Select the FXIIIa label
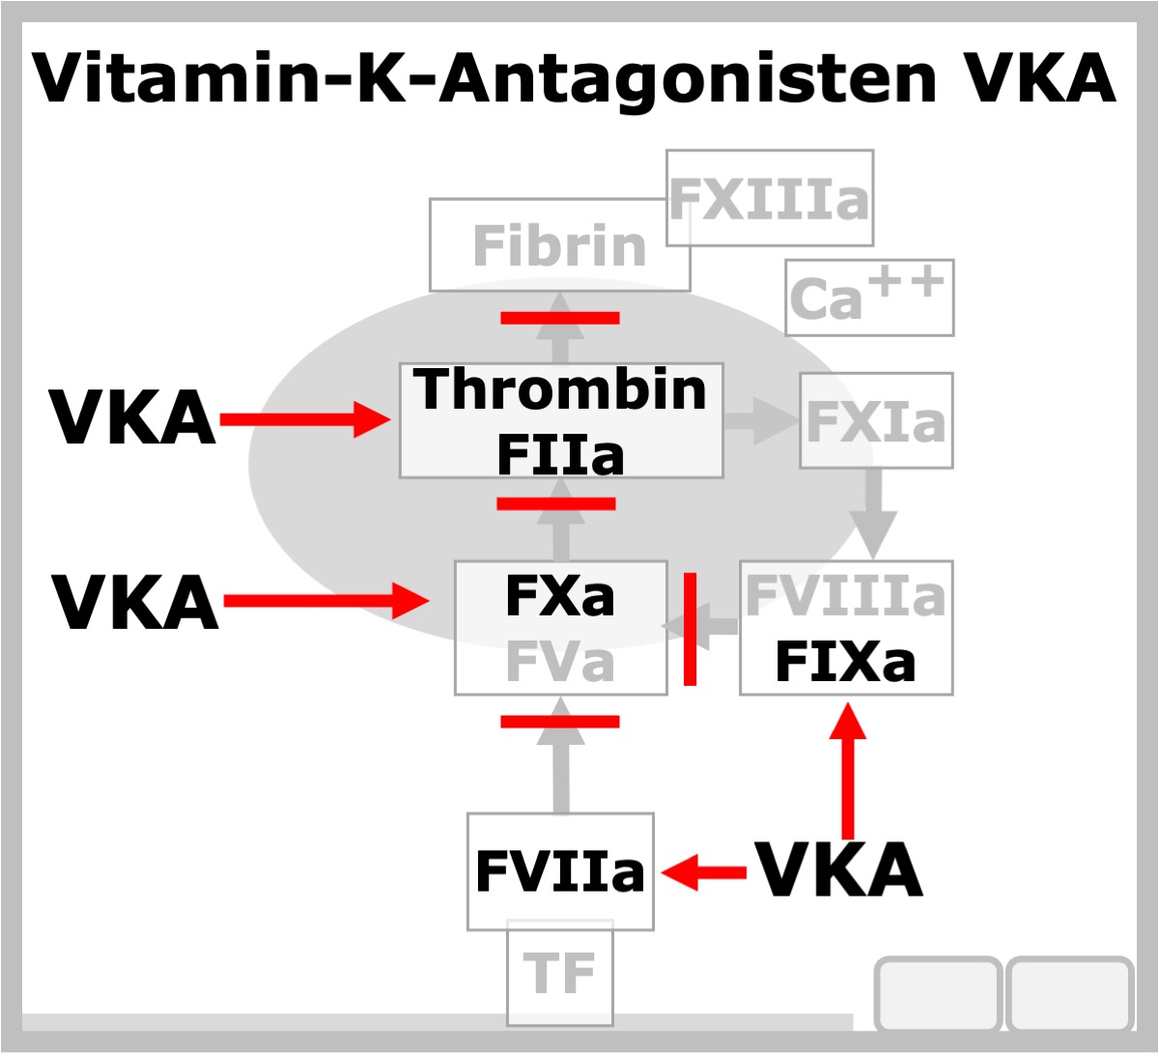(x=769, y=199)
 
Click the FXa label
(x=559, y=596)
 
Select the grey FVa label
(x=559, y=663)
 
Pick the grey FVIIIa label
(x=845, y=595)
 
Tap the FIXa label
(x=845, y=663)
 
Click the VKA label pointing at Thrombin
(x=133, y=417)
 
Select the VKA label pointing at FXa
(x=135, y=602)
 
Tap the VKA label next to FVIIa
(x=839, y=870)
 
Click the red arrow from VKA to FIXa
(x=848, y=770)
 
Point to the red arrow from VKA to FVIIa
(x=704, y=872)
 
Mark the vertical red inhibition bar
(x=690, y=629)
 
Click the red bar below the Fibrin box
(x=560, y=318)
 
